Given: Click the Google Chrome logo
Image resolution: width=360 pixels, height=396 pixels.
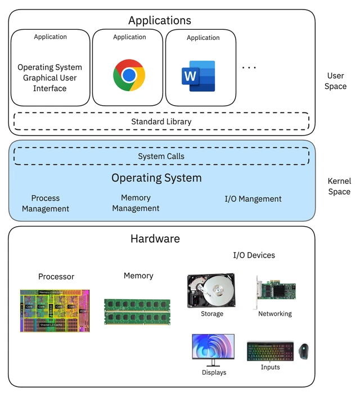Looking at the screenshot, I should (x=129, y=75).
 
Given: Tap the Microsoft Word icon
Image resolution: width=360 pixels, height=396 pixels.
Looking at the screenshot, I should (x=198, y=76).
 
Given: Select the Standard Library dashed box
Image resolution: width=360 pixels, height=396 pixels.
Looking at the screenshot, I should (x=161, y=121).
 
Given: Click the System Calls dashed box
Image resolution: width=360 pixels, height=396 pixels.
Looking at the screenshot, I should (x=161, y=156).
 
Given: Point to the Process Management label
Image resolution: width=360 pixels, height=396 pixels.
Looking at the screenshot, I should (x=46, y=204).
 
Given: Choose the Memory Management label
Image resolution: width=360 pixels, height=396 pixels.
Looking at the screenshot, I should (x=136, y=203).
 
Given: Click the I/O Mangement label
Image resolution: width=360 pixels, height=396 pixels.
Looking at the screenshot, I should (x=253, y=199).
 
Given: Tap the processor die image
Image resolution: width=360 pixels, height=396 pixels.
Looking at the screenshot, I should (x=55, y=310).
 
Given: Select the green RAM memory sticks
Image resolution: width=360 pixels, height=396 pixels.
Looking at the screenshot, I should (x=137, y=312).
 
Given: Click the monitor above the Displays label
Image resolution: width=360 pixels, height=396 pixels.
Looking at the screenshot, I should (x=213, y=349).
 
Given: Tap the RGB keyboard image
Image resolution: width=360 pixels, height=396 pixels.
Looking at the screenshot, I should (x=270, y=351).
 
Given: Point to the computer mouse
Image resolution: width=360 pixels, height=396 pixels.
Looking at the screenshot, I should (x=304, y=352).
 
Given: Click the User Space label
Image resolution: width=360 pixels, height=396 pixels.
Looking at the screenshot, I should (x=336, y=81).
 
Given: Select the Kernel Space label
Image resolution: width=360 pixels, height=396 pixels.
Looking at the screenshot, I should (x=339, y=186).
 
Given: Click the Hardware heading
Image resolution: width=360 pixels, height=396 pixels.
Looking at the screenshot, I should (x=155, y=238).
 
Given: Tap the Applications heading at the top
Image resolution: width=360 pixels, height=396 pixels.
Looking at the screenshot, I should (x=160, y=21).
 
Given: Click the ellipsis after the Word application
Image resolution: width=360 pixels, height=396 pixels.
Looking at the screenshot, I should (x=249, y=68).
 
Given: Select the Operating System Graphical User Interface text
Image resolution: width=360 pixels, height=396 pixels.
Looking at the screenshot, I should (x=50, y=78).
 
